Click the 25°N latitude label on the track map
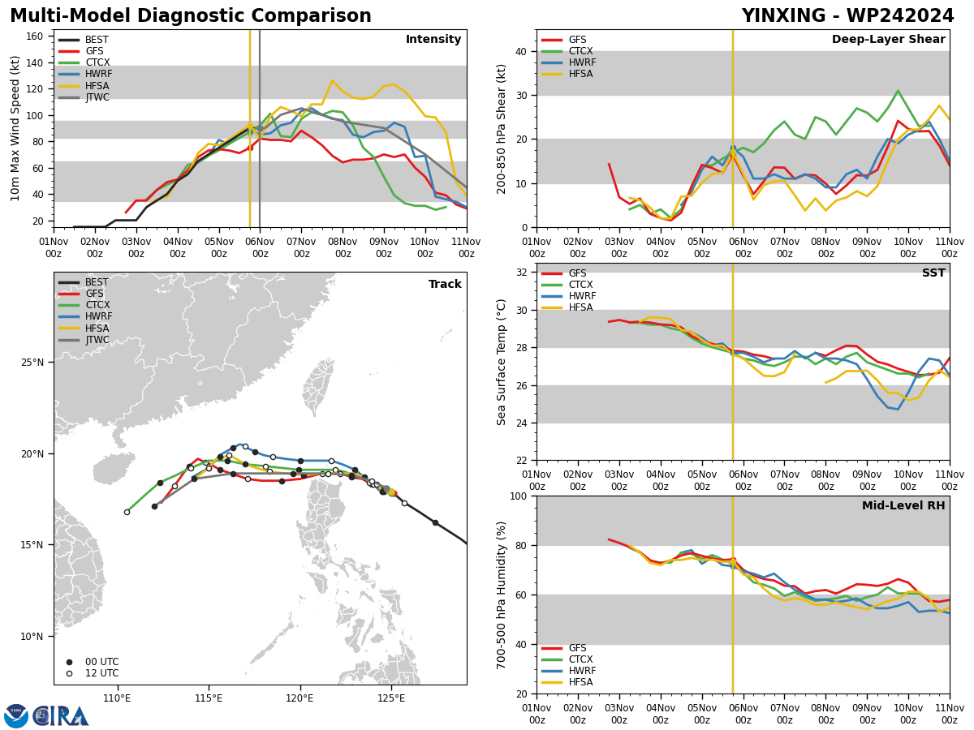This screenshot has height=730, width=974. pos(32,362)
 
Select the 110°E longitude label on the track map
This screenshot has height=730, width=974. pos(117,698)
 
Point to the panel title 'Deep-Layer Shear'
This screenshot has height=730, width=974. pos(888,39)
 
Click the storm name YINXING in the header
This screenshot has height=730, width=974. pos(783,15)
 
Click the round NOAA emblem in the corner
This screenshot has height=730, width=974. pos(16,716)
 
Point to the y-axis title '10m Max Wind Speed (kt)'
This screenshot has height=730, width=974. pos(15,128)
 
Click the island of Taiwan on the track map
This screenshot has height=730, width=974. pos(319,388)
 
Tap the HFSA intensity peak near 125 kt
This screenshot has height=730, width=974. pos(332,80)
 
